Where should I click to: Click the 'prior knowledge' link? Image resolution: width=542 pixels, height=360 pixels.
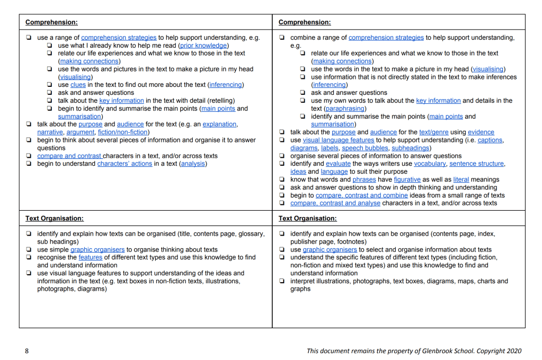(x=204, y=46)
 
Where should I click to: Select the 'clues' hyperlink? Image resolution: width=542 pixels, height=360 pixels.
(x=78, y=85)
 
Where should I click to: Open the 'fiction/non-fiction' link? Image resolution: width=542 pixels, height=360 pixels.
(x=123, y=132)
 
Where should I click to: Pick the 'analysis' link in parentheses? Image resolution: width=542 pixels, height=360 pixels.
(x=193, y=164)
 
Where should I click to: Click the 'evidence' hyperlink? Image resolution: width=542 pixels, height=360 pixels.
(x=481, y=132)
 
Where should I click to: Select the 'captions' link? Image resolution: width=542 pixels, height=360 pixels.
(x=491, y=140)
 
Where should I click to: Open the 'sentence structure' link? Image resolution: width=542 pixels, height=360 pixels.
(x=477, y=164)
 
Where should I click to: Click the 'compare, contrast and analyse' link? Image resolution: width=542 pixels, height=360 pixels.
(x=335, y=203)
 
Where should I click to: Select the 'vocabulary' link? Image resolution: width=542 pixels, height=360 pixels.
(x=430, y=164)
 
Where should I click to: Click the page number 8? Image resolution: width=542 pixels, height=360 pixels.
(x=27, y=351)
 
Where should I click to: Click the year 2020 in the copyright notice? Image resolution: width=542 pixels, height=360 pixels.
(x=513, y=351)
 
